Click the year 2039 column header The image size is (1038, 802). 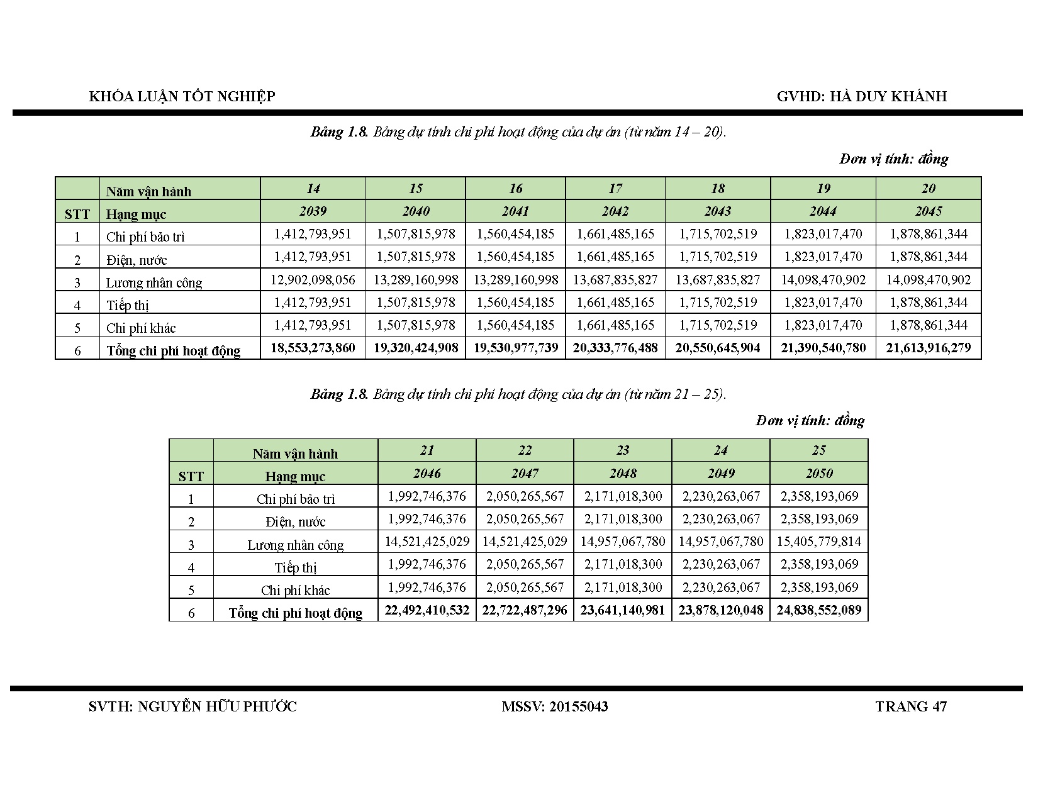click(313, 211)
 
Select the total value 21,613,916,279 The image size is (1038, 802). click(928, 348)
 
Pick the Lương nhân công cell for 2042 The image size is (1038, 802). click(615, 280)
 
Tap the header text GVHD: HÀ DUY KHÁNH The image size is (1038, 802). click(861, 96)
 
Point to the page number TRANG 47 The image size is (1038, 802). click(910, 706)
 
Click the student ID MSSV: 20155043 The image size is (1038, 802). click(554, 706)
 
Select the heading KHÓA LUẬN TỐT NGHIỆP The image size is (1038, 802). click(182, 96)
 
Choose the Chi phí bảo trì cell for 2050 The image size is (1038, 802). click(819, 496)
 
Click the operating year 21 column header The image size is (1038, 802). click(427, 450)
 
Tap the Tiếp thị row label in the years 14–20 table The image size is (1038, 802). click(128, 306)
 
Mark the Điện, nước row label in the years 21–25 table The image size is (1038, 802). click(295, 521)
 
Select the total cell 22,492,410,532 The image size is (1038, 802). click(427, 610)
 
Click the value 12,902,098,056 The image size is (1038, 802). click(313, 280)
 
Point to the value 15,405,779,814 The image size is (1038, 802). click(819, 542)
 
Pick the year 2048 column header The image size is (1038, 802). click(622, 474)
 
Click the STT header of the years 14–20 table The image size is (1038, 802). click(77, 214)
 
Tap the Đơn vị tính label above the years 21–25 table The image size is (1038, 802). click(810, 420)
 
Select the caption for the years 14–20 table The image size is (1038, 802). click(518, 132)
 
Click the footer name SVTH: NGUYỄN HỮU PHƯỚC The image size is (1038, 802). click(193, 706)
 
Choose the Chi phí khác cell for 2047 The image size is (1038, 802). click(525, 588)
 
